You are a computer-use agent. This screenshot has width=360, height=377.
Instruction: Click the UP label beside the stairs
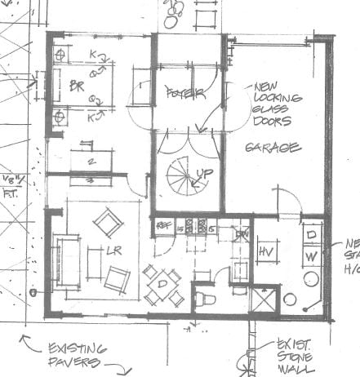point(205,174)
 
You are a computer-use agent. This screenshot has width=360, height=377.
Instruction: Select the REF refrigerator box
point(162,223)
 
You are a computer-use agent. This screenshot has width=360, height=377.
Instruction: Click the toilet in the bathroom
point(205,299)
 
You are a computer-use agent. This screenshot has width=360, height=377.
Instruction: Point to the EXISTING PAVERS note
point(73,353)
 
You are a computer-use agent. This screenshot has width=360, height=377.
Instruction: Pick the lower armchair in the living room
point(118,279)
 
